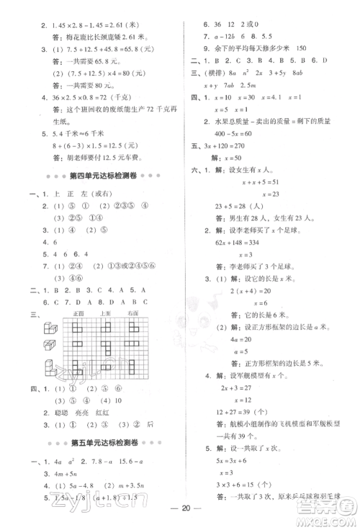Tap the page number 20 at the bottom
pos(180,516)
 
